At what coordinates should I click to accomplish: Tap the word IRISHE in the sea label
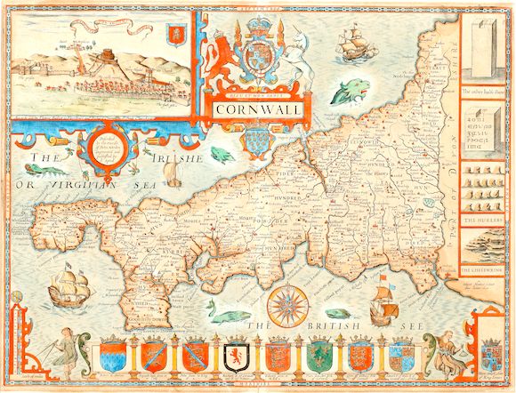pos(177,158)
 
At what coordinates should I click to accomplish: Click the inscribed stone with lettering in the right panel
pos(481,133)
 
